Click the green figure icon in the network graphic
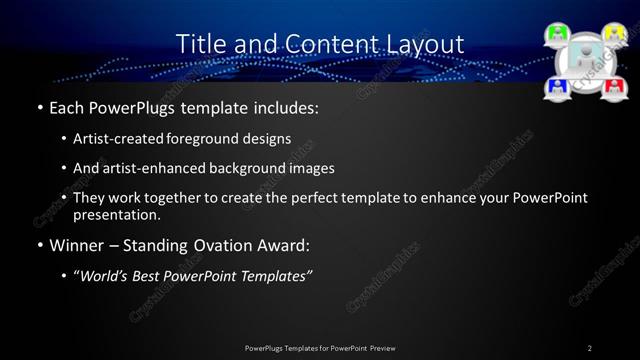pos(557,35)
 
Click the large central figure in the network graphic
pos(584,60)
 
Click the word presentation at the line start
pos(116,215)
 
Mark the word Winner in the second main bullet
pos(78,245)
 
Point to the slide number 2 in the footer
pos(589,348)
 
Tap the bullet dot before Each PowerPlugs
pos(38,107)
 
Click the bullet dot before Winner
pos(38,246)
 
